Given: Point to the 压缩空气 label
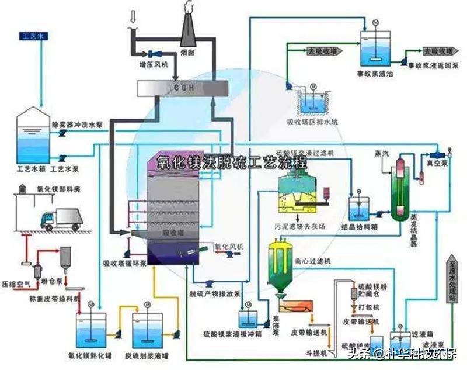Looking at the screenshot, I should pos(16,283).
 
